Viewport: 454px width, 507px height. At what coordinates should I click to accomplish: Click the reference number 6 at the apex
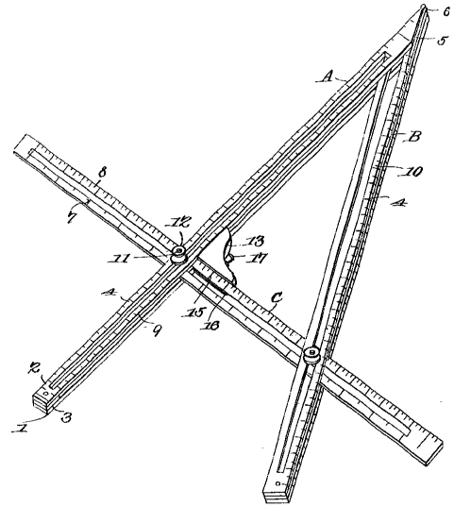(x=446, y=12)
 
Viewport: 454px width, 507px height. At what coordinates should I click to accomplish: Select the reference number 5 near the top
(x=443, y=41)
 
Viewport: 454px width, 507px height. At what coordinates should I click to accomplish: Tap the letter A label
(x=328, y=77)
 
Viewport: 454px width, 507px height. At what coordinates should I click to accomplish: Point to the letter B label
(x=414, y=137)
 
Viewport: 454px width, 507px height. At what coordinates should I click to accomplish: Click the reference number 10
(x=414, y=171)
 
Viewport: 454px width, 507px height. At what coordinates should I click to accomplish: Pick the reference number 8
(x=102, y=174)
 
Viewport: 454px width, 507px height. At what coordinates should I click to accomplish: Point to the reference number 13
(x=255, y=241)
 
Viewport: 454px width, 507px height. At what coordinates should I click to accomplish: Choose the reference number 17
(x=258, y=258)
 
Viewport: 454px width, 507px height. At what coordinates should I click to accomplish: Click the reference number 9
(x=157, y=330)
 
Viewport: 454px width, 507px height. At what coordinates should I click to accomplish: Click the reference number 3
(x=65, y=416)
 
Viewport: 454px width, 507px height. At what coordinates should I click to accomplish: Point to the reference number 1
(x=20, y=429)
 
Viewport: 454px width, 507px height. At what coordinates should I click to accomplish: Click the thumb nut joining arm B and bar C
(x=312, y=354)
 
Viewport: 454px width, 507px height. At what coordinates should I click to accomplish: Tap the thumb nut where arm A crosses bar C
(x=178, y=255)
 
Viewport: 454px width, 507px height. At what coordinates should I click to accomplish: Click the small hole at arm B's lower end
(x=277, y=483)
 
